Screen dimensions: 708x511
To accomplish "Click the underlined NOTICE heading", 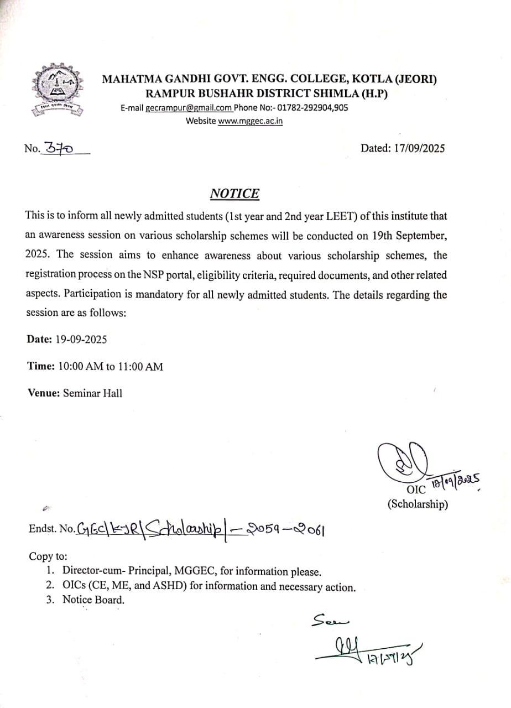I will pyautogui.click(x=234, y=194).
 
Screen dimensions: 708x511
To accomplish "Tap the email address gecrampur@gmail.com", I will pyautogui.click(x=189, y=108).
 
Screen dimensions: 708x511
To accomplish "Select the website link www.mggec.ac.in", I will pyautogui.click(x=250, y=121).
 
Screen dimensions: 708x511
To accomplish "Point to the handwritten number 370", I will pyautogui.click(x=59, y=148).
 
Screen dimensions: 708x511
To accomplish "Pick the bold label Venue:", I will pyautogui.click(x=44, y=393).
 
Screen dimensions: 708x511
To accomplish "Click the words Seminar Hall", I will pyautogui.click(x=92, y=393).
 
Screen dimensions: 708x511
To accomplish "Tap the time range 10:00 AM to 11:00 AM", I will pyautogui.click(x=111, y=366).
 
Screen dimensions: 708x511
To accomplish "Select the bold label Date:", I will pyautogui.click(x=39, y=339).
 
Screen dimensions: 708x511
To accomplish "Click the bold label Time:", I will pyautogui.click(x=41, y=366).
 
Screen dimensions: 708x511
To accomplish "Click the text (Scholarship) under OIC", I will pyautogui.click(x=418, y=504).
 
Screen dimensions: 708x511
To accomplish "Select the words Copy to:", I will pyautogui.click(x=48, y=557).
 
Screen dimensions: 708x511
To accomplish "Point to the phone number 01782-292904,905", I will pyautogui.click(x=312, y=108).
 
